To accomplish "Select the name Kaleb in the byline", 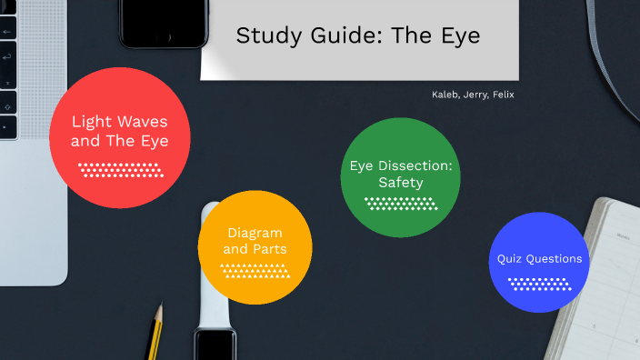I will pos(445,95).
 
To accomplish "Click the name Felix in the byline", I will pos(502,95).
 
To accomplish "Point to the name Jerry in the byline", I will pos(474,95).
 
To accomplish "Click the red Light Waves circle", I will pos(119,132).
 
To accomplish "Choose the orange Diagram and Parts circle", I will pos(255,246).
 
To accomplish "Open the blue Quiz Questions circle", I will pos(540,262).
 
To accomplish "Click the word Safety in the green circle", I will pos(401,183).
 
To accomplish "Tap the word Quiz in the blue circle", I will pos(510,259).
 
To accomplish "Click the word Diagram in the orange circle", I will pos(255,233).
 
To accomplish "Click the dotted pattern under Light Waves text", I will pos(120,169).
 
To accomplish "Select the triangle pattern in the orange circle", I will pos(255,270).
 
